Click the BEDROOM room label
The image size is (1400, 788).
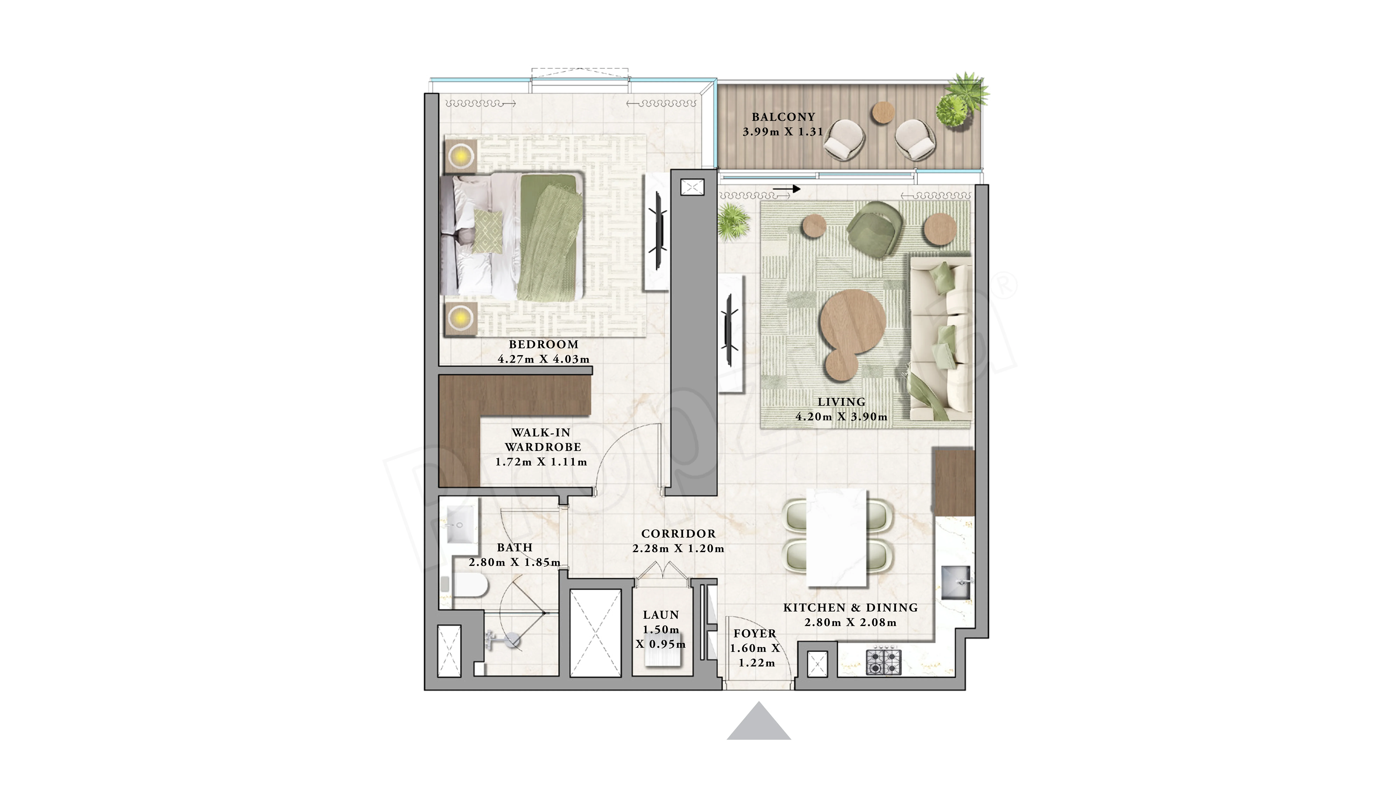coord(544,344)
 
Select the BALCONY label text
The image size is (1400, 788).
coord(783,117)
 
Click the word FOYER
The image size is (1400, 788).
coord(755,634)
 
